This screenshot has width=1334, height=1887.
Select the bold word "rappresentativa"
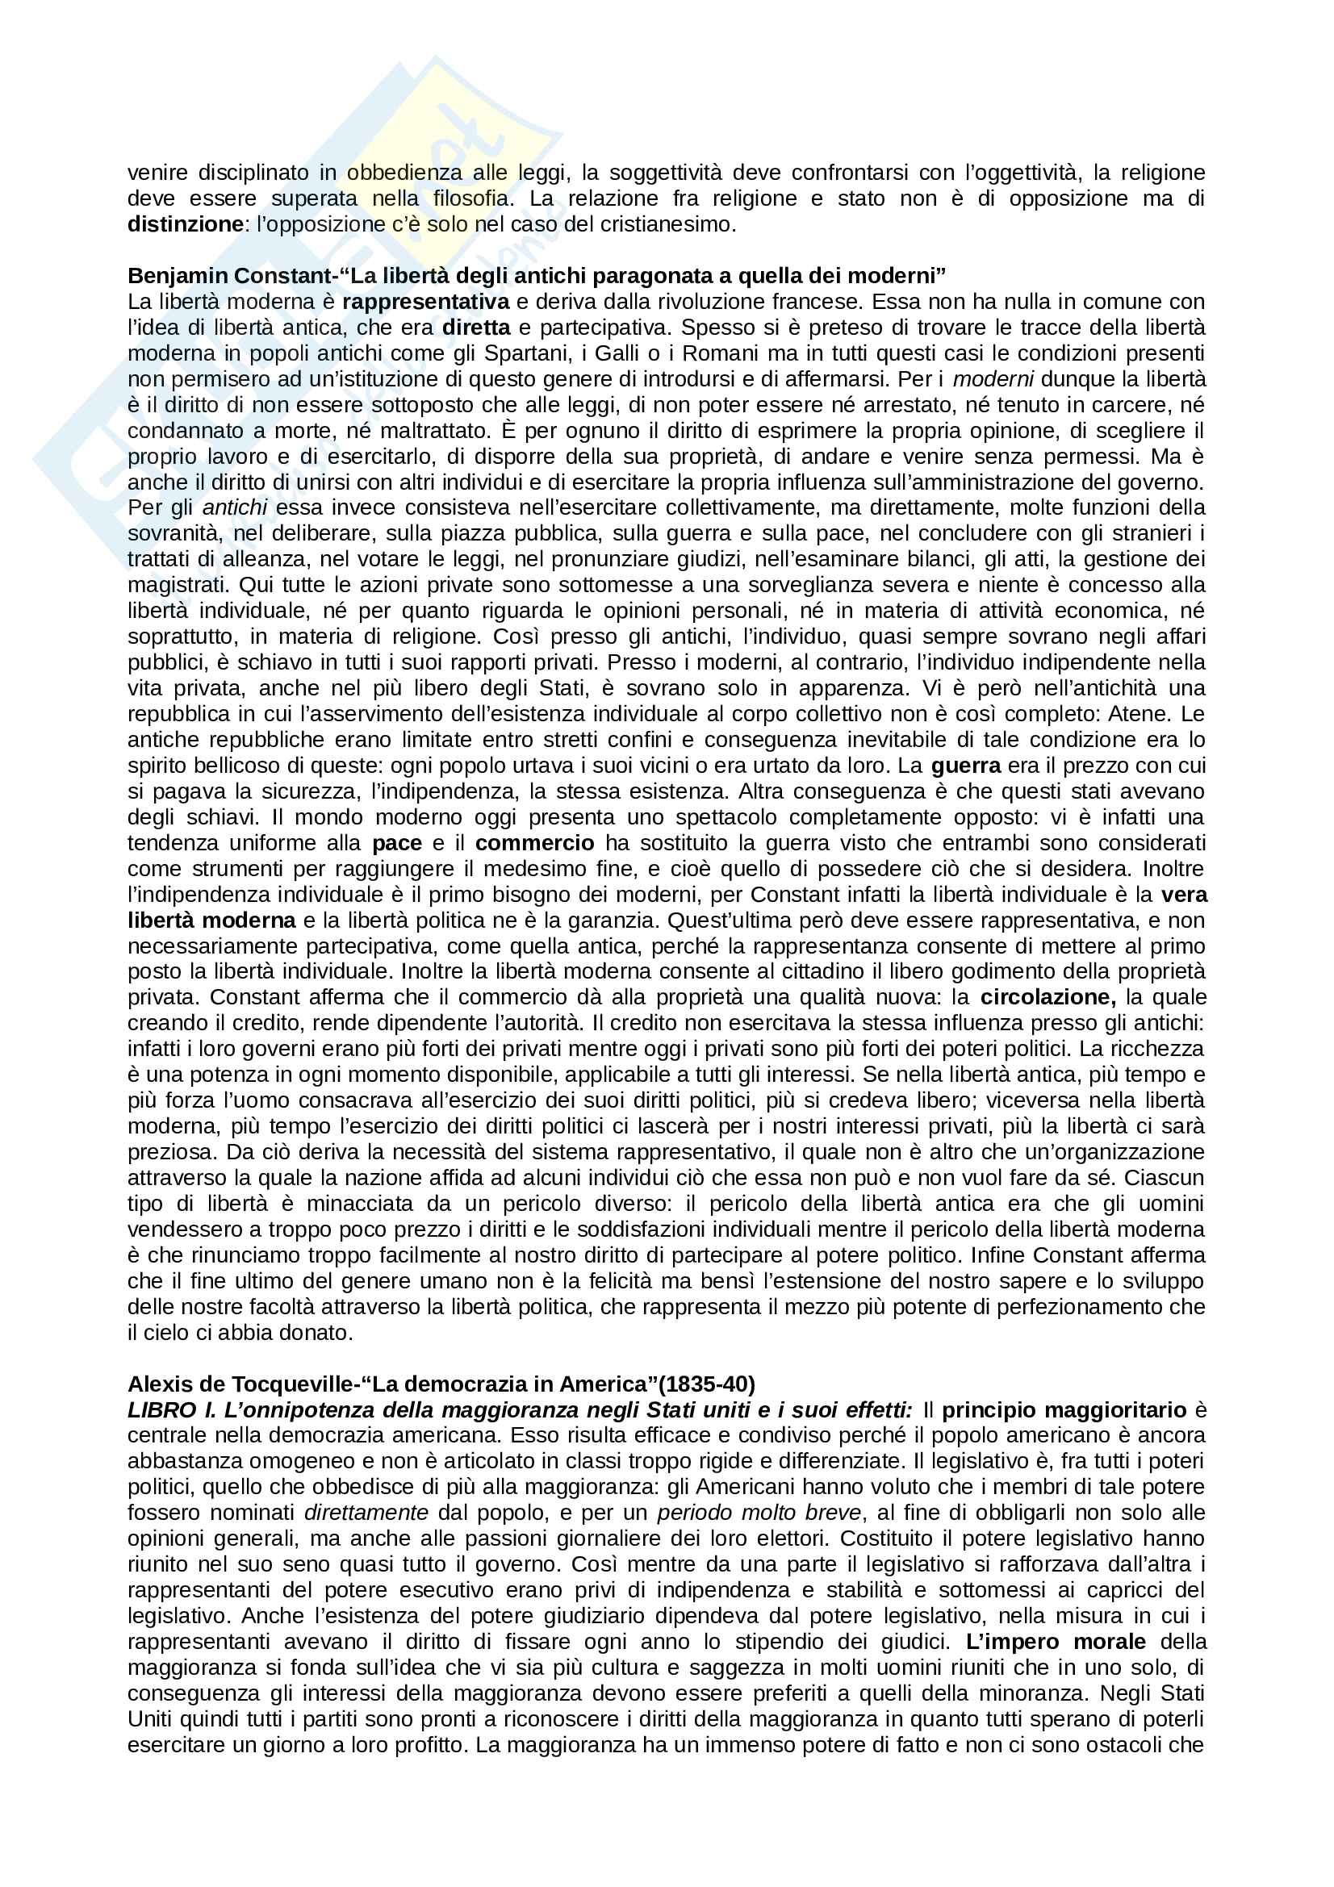pyautogui.click(x=426, y=302)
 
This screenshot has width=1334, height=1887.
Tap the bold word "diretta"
pyautogui.click(x=476, y=327)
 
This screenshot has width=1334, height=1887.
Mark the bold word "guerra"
pyautogui.click(x=966, y=766)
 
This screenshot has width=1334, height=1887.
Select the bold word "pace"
pyautogui.click(x=397, y=843)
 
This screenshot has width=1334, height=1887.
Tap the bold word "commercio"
pyautogui.click(x=534, y=843)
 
